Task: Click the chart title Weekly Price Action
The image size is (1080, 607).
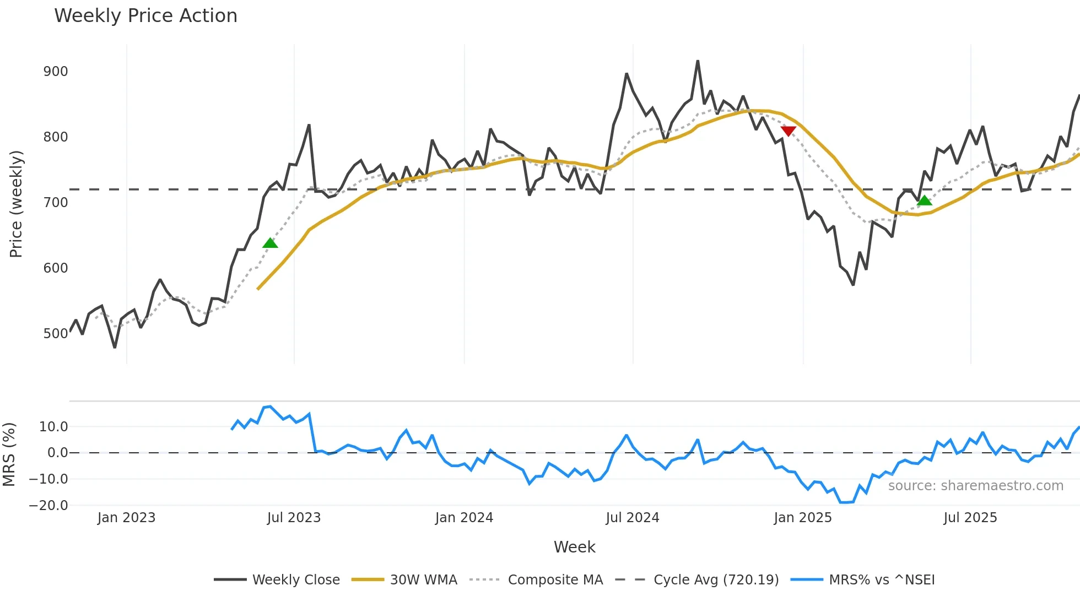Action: pos(145,16)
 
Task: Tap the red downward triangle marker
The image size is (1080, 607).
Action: pos(789,131)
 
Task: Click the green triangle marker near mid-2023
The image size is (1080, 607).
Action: pos(270,243)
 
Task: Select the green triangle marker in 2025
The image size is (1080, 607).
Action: pos(925,200)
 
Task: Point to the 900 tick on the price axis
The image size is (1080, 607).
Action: pos(56,72)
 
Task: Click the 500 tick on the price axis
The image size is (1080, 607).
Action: pos(56,334)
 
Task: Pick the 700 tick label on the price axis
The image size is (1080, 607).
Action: pos(56,203)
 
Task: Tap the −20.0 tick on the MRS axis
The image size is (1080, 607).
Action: pos(48,506)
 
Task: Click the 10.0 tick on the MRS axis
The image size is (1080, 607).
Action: pos(53,427)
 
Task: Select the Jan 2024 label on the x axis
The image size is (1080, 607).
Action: pos(464,518)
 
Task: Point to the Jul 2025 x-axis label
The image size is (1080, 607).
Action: pos(970,518)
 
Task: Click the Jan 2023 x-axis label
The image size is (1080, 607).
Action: pos(126,518)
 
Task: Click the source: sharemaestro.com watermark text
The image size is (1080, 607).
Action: pos(975,486)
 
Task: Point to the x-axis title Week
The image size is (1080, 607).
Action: pos(574,547)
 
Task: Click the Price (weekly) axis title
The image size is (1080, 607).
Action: pos(16,204)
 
